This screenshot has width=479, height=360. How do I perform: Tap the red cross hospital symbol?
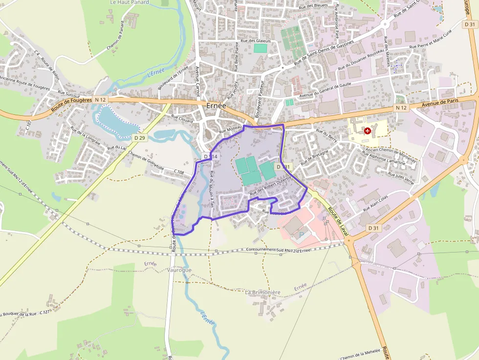(x=367, y=130)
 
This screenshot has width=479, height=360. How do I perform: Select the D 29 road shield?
(x=139, y=138)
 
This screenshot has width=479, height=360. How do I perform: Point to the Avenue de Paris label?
(x=443, y=103)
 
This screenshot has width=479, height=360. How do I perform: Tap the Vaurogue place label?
(x=179, y=270)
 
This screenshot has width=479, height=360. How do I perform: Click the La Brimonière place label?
(x=263, y=292)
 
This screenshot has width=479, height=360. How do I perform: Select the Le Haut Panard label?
(x=130, y=2)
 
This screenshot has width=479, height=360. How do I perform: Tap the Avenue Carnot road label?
(x=198, y=81)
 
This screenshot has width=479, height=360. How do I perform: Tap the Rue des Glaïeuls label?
(x=256, y=41)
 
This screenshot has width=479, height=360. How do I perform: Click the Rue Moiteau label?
(x=231, y=128)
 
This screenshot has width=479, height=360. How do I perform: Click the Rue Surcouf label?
(x=68, y=91)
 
